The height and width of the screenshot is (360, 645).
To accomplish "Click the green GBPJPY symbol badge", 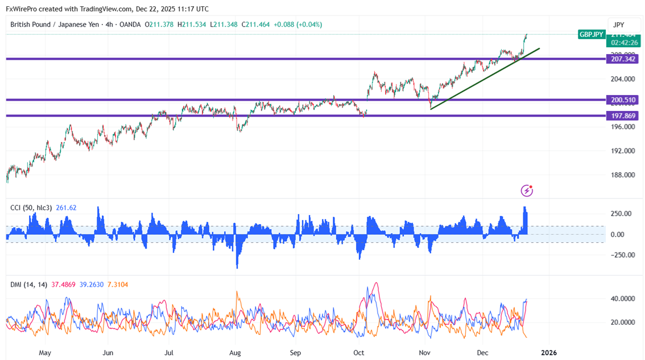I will pyautogui.click(x=592, y=34).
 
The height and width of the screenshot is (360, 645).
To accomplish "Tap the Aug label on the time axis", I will pyautogui.click(x=234, y=353).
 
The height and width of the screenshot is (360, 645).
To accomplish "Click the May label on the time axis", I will pyautogui.click(x=46, y=353).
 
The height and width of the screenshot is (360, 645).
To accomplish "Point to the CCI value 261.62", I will pyautogui.click(x=66, y=208).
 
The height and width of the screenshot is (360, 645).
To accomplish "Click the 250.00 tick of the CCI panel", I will pyautogui.click(x=621, y=213).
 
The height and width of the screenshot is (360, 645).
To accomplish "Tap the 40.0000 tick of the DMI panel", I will pyautogui.click(x=622, y=298).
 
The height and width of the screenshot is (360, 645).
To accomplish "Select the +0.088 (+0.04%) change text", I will pyautogui.click(x=297, y=24).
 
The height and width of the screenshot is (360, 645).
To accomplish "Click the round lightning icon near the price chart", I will pyautogui.click(x=527, y=190).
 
